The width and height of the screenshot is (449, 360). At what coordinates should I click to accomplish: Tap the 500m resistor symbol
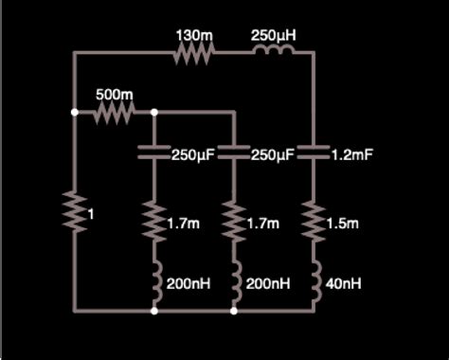114,114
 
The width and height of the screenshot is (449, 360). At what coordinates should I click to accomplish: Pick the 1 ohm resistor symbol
74,211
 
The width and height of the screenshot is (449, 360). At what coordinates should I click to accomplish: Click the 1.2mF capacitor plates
313,153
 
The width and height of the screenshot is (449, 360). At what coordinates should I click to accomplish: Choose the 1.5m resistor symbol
313,222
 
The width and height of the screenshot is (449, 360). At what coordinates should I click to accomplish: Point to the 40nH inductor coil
313,281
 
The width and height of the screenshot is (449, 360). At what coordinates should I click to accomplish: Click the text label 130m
194,35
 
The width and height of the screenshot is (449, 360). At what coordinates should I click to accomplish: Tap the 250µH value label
274,35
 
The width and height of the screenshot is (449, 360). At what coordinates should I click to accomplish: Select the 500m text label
114,96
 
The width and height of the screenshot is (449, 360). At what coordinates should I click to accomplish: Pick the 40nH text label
342,283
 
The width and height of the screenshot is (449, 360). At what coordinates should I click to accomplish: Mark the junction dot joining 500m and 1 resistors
74,114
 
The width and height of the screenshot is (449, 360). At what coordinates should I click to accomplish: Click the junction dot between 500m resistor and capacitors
153,114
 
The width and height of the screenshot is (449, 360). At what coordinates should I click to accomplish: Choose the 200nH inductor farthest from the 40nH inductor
153,281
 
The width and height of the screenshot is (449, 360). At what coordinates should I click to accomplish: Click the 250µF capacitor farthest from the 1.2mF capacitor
153,153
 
